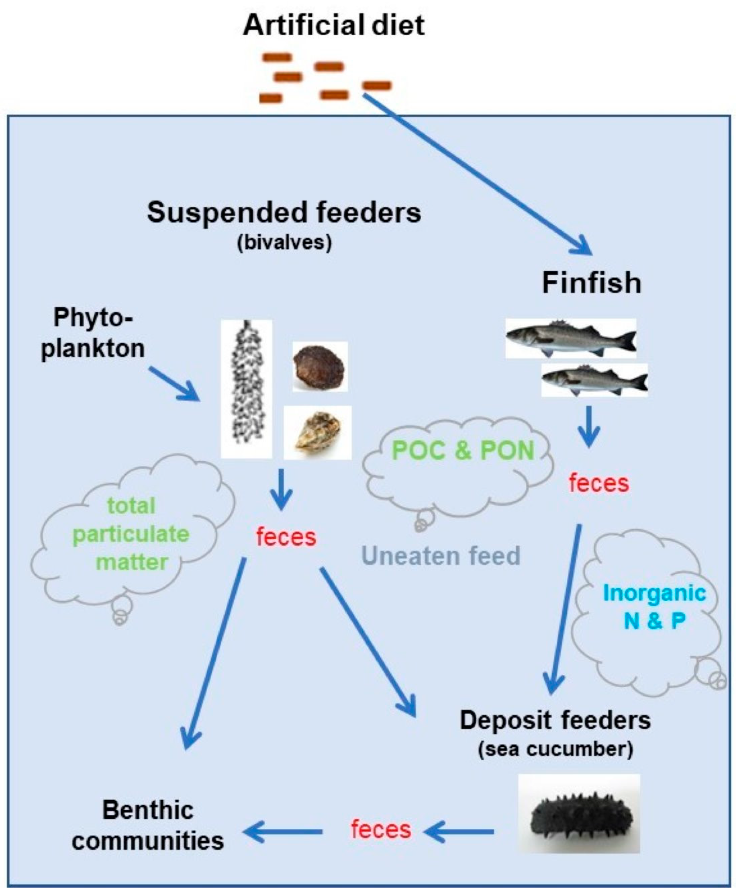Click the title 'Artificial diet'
coord(334,25)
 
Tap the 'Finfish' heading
coord(591,283)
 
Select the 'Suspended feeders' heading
coord(284,213)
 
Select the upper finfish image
coord(570,339)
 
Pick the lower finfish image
coord(594,380)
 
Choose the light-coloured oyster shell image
coord(317,432)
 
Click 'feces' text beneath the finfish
coord(599,483)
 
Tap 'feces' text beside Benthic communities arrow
coord(381,829)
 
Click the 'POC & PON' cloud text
coord(463,450)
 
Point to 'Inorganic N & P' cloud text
coord(654,606)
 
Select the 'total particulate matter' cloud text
coord(131,534)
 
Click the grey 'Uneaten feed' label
coord(441,556)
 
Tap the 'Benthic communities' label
coord(148,825)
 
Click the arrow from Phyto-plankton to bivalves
coord(174,384)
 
